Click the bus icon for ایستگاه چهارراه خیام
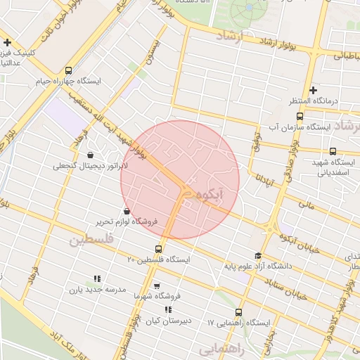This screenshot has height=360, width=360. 68,70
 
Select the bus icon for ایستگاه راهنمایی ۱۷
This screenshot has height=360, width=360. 238,311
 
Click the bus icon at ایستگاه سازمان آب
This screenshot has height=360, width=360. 300,116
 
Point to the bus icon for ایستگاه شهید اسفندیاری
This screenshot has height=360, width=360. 333,150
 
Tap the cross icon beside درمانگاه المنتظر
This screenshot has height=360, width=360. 313,89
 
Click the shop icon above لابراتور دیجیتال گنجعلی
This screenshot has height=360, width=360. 90,155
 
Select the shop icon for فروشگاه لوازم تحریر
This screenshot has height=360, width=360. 127,210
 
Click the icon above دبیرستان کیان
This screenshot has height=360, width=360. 168,309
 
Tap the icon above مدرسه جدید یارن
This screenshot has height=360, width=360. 96,278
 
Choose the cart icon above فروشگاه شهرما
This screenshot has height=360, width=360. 156,285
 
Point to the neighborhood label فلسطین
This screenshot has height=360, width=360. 90,240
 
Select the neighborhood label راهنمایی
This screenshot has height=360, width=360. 221,349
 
